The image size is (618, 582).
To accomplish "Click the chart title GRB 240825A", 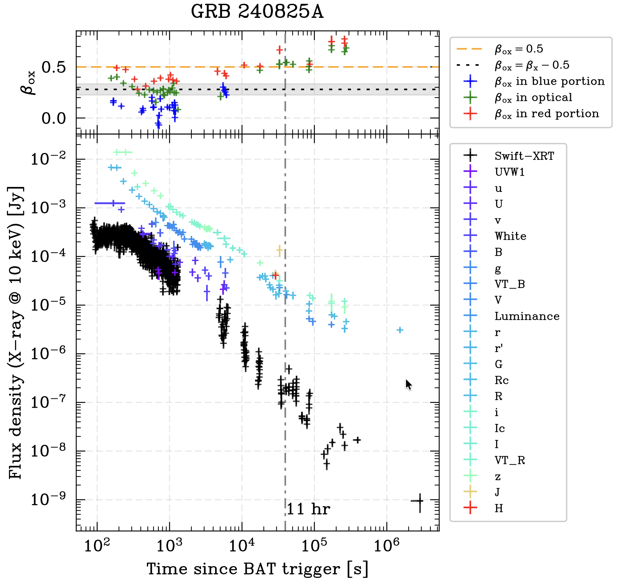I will (257, 12).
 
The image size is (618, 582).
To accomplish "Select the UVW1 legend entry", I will (510, 172).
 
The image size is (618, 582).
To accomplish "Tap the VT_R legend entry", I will (510, 460).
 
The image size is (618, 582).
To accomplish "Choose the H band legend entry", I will (499, 508).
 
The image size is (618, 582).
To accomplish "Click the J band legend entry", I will (497, 492).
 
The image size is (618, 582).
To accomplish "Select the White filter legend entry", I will (510, 236).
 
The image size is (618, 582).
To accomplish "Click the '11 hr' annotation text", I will (308, 509).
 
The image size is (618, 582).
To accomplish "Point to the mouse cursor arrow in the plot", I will (408, 384).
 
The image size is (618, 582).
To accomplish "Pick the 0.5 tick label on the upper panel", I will (53, 67).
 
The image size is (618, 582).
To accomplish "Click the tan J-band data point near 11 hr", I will (280, 250).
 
